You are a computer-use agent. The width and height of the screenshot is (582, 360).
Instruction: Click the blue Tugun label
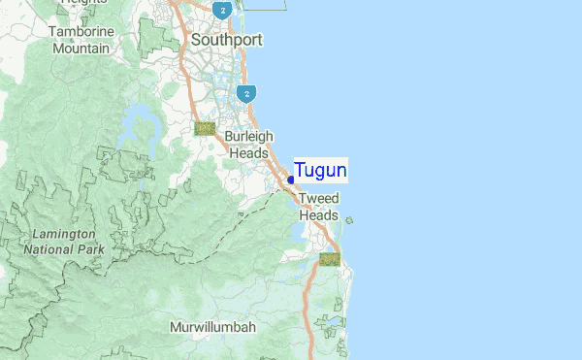pos(320,171)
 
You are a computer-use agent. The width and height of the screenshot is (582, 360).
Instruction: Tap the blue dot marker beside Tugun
pos(291,180)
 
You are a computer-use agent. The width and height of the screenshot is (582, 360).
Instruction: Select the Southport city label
pos(228,41)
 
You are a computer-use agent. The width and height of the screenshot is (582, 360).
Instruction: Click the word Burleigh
pos(249,137)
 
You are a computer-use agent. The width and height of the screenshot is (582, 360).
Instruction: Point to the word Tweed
pos(318,199)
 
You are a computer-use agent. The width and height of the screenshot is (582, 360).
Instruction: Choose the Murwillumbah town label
pos(212,327)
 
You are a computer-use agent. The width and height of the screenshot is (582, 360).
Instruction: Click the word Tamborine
pos(81,31)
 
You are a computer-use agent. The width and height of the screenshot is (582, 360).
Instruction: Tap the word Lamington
pos(63,235)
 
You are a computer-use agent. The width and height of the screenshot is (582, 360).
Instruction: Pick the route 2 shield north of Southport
pos(223,11)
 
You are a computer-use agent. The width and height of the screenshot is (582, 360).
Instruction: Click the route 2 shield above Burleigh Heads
pos(248,93)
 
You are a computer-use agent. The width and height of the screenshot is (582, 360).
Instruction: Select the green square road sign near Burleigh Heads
pos(205,128)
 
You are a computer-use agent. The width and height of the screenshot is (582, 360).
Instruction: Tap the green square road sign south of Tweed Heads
pos(330,259)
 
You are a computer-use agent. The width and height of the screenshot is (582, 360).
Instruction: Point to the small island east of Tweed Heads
pos(349,220)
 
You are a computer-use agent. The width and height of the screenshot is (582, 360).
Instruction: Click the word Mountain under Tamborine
pos(81,48)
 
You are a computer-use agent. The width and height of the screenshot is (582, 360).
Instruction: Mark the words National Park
pos(63,249)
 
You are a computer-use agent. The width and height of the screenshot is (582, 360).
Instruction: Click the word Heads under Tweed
pos(318,215)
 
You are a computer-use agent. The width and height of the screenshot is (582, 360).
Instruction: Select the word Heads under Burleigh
pos(249,153)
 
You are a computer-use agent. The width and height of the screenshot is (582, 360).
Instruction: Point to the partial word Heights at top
pos(83,3)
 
